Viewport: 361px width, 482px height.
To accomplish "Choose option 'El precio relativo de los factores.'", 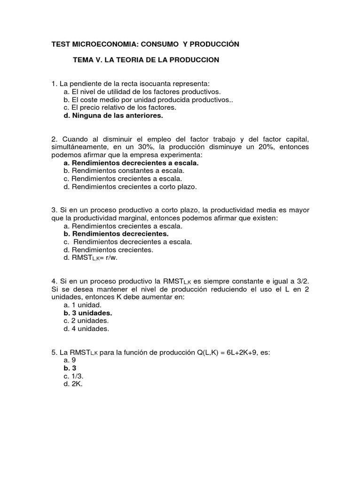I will click(x=119, y=108).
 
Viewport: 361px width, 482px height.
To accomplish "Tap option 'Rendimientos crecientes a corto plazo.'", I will click(x=130, y=187).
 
